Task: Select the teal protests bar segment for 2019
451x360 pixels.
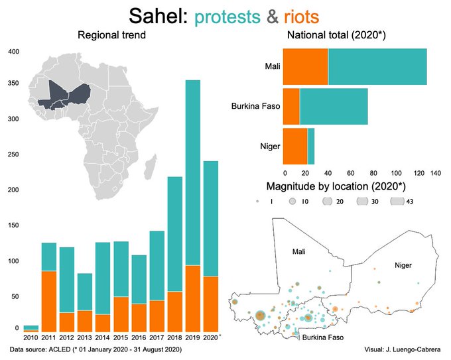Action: coord(192,172)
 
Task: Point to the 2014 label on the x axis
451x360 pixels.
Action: coord(103,337)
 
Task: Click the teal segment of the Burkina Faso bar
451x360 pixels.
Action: coord(334,106)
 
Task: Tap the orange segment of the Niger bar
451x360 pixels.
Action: coord(295,145)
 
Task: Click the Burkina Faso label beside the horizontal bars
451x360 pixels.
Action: coord(255,106)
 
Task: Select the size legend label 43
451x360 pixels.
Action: coord(410,202)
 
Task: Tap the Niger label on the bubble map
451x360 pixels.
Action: coord(403,265)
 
